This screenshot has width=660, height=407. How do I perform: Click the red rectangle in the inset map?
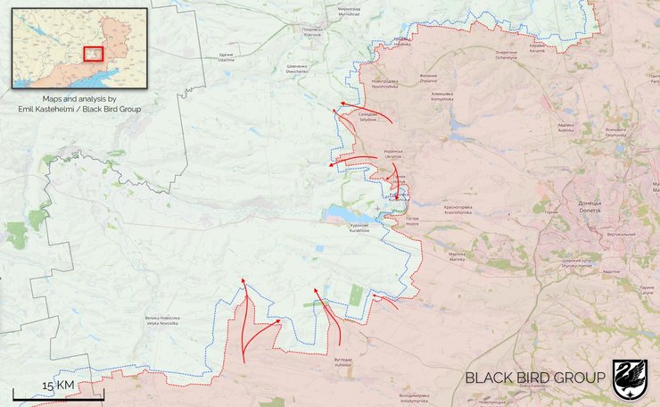pos(93,53)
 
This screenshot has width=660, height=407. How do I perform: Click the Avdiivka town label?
pos(565,128)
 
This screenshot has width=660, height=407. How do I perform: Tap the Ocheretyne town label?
pos(506,56)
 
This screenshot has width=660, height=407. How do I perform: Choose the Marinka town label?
pos(457,255)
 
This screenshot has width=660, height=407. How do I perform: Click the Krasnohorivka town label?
pos(464,210)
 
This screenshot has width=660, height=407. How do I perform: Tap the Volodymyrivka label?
pos(419,398)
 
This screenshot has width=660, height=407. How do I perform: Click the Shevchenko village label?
pos(297,68)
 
